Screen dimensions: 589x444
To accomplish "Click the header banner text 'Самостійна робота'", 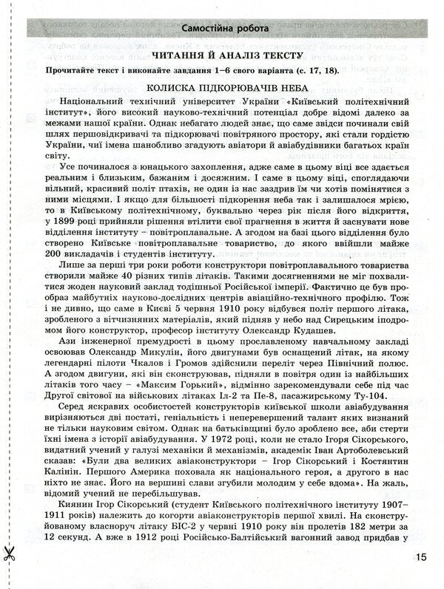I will point(223,30).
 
